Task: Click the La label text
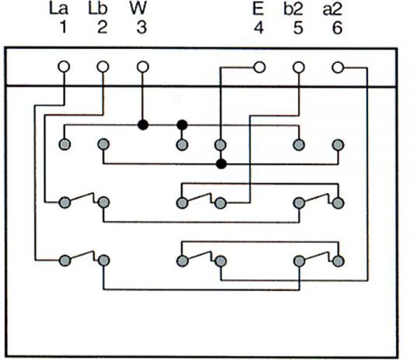[59, 9]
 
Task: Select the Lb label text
[98, 9]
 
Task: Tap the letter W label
[138, 9]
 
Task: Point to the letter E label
[258, 9]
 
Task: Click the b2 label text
[294, 9]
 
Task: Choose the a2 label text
[332, 9]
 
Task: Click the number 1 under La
[64, 27]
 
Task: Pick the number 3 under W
[142, 27]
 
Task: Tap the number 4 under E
[259, 28]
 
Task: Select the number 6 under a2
[337, 28]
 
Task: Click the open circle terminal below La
[64, 67]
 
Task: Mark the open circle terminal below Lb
[103, 67]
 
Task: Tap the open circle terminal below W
[143, 67]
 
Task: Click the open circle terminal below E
[259, 67]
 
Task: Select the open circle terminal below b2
[299, 67]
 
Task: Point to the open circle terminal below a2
[338, 67]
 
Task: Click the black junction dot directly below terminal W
[143, 125]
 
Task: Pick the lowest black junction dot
[221, 164]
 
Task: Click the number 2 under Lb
[103, 27]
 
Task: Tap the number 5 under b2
[298, 28]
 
